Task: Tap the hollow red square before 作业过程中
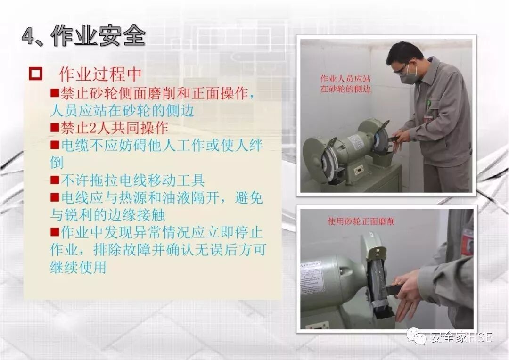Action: point(35,74)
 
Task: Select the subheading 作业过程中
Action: point(100,74)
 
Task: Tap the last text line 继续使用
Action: point(78,267)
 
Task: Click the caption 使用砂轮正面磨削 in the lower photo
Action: point(361,222)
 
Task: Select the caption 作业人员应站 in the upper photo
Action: point(345,79)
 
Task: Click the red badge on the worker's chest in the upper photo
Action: point(428,117)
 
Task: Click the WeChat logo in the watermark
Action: point(416,335)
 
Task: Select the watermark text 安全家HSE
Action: point(460,337)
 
